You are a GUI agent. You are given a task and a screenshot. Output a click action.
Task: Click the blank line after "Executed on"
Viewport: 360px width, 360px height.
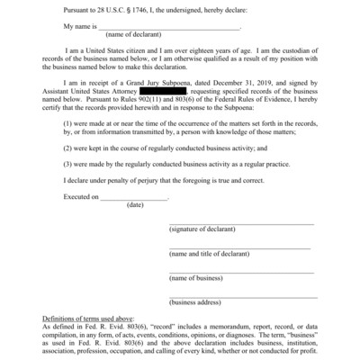coord(134,197)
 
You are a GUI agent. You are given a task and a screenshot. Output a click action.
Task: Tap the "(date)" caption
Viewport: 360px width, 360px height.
coord(135,204)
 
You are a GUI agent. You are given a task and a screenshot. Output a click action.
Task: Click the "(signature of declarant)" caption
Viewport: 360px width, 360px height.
coord(205,229)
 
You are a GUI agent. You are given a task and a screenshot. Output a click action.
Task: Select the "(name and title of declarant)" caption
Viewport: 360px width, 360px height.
coord(211,254)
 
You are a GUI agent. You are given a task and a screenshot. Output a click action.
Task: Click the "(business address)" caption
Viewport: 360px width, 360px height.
coord(197,302)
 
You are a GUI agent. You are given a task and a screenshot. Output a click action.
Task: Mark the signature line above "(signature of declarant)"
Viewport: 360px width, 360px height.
coord(241,223)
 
